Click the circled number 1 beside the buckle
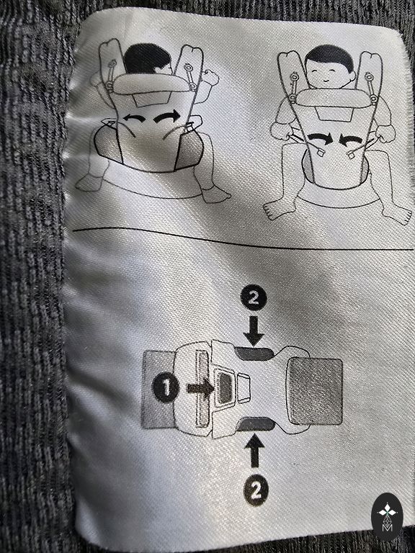point(166,388)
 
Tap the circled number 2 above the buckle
point(254,299)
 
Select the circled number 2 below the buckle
point(256,490)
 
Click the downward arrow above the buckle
point(254,331)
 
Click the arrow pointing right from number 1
point(200,388)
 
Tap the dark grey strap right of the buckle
point(315,391)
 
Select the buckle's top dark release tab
point(254,354)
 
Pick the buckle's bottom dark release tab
point(256,423)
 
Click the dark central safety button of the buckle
point(224,388)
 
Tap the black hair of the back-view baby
point(147,58)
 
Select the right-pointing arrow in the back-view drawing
point(167,117)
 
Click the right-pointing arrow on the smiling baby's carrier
point(320,138)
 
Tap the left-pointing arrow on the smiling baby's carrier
point(351,140)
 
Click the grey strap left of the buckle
point(159,390)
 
